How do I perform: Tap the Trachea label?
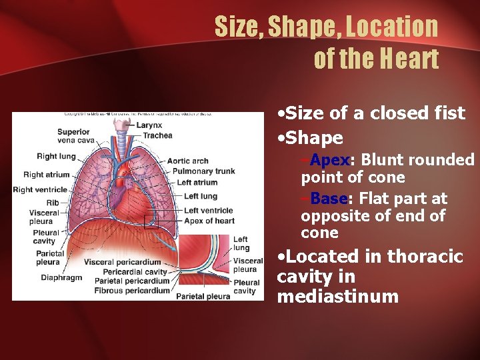click(x=158, y=135)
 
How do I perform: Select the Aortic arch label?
click(x=188, y=161)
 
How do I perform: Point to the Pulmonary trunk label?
click(x=203, y=171)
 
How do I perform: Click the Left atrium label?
click(x=197, y=182)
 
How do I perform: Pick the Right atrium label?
click(x=46, y=175)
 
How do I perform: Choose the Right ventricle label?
click(x=41, y=189)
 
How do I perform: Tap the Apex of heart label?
click(x=209, y=221)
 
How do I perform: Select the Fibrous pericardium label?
click(x=132, y=291)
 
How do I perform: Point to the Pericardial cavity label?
click(x=135, y=272)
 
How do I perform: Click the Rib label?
click(x=53, y=203)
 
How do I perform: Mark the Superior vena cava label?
click(x=73, y=136)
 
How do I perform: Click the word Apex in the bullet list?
click(x=330, y=160)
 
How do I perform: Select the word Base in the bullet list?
click(x=329, y=199)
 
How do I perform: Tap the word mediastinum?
click(x=337, y=297)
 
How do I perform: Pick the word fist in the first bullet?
click(x=448, y=113)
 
